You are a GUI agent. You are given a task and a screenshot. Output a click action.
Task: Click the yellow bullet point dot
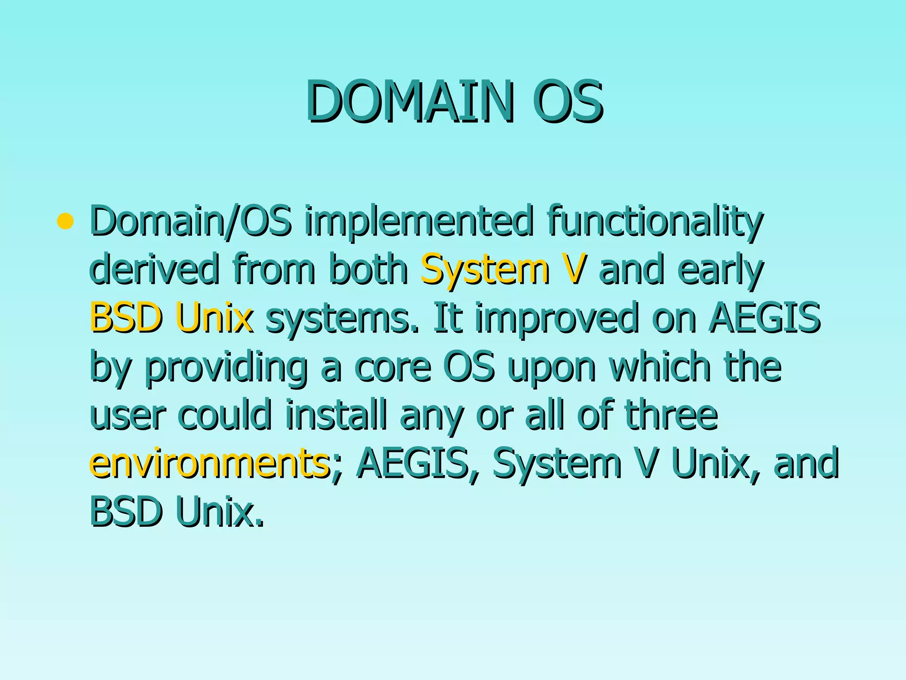[x=65, y=221]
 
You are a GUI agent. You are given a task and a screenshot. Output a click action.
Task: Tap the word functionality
[x=655, y=221]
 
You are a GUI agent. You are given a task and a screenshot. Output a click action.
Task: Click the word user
[x=128, y=416]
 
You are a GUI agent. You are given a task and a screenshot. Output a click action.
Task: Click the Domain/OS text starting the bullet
[x=191, y=221]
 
